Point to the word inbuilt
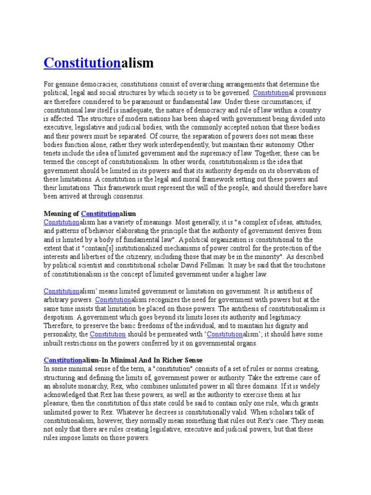coord(54,343)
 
